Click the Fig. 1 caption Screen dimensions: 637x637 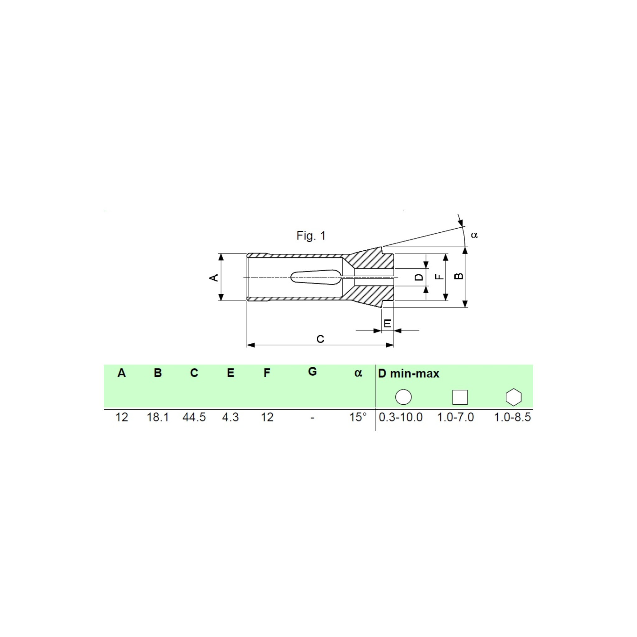pos(311,236)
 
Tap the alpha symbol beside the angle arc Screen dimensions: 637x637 pos(474,235)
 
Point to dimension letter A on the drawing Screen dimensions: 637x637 pos(214,277)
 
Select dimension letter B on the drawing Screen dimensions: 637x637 pos(459,276)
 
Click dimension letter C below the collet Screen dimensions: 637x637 pos(320,339)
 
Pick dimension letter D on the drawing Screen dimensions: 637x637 pos(419,277)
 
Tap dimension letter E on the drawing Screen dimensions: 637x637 pos(388,323)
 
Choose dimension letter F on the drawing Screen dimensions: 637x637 pos(439,276)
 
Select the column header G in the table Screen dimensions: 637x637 pos(312,372)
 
